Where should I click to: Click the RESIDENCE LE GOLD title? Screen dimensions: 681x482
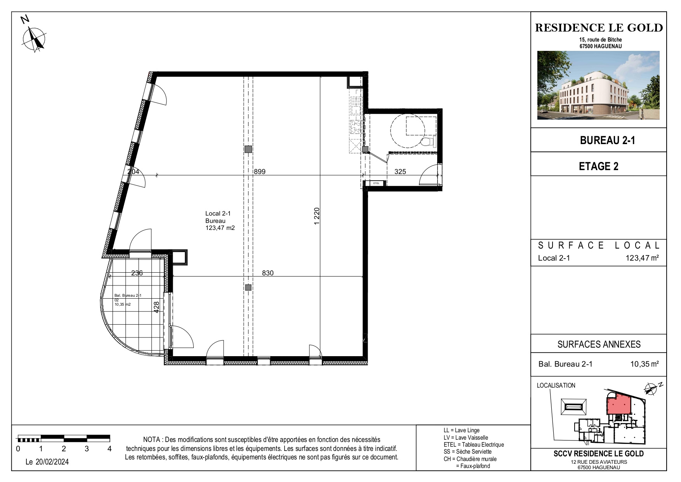pos(599,28)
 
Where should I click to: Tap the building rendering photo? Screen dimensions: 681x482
pos(598,85)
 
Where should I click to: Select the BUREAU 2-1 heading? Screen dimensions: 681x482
pos(607,140)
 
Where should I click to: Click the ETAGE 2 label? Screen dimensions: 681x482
pos(599,166)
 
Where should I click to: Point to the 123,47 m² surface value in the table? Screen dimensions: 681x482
pos(642,258)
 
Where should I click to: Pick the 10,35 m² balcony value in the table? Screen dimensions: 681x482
pos(645,364)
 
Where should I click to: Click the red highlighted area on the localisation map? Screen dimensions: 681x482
pos(618,404)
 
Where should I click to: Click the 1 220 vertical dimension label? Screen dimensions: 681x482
pos(317,216)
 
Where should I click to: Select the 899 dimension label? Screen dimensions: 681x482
pos(260,171)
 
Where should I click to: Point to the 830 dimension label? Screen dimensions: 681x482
pos(268,273)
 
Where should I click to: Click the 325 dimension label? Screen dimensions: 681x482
pos(400,171)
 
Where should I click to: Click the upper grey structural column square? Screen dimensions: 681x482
pos(248,149)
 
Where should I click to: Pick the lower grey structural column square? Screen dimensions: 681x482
pos(248,288)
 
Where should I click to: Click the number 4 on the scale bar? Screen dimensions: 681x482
pos(109,449)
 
